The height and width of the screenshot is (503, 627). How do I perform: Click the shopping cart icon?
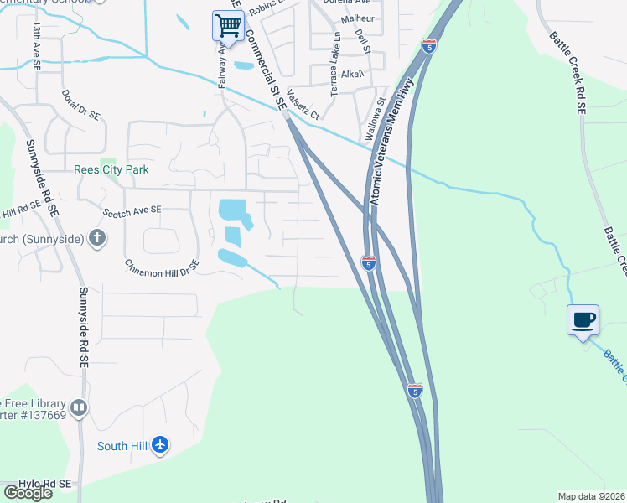pyautogui.click(x=228, y=26)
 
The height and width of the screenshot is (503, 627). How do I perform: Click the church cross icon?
pyautogui.click(x=97, y=239)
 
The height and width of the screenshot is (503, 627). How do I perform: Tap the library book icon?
pyautogui.click(x=79, y=408)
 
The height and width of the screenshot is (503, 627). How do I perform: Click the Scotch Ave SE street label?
pyautogui.click(x=132, y=210)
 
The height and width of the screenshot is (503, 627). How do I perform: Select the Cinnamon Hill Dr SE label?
pyautogui.click(x=163, y=266)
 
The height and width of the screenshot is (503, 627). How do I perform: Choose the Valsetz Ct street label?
pyautogui.click(x=303, y=105)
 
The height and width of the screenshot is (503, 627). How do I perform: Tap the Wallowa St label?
pyautogui.click(x=374, y=118)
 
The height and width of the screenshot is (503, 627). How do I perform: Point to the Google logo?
pyautogui.click(x=28, y=492)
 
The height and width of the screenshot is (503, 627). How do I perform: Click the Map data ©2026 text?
pyautogui.click(x=590, y=495)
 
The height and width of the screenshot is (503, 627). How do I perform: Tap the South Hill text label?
pyautogui.click(x=122, y=446)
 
